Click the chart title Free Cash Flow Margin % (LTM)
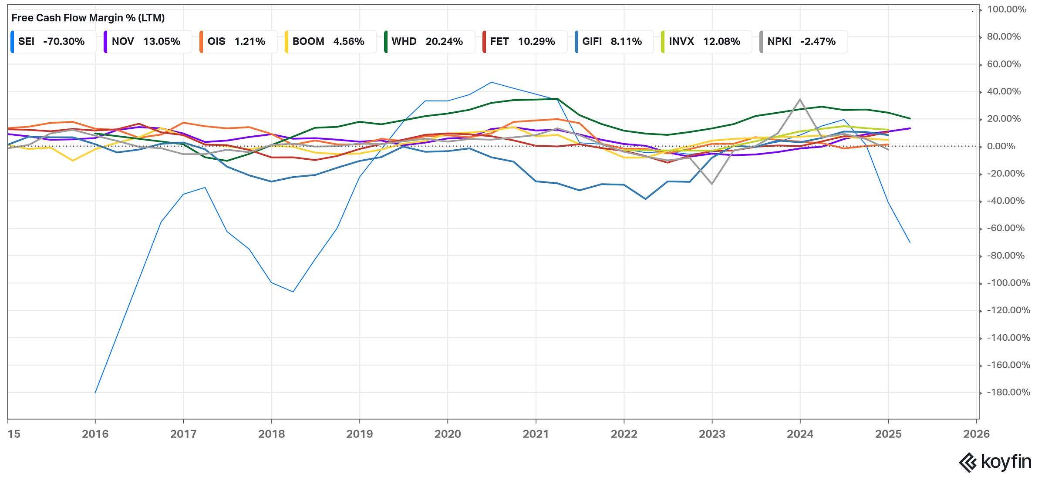(x=88, y=18)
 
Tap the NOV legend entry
(x=147, y=42)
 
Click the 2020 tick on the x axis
(x=447, y=434)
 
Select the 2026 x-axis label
(x=976, y=434)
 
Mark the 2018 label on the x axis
(x=271, y=434)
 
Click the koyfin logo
(x=995, y=462)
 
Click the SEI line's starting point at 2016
(x=95, y=393)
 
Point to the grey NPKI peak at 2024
(x=800, y=99)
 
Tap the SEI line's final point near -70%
(x=910, y=242)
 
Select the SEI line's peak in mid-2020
(x=491, y=82)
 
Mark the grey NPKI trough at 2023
(x=712, y=184)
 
